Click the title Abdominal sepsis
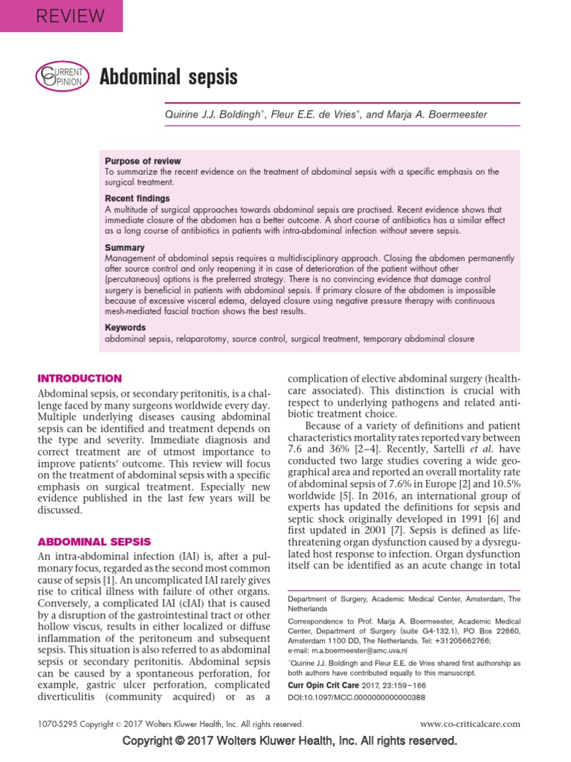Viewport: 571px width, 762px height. point(169,77)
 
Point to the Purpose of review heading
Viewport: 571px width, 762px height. point(143,161)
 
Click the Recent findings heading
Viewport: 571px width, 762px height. point(138,199)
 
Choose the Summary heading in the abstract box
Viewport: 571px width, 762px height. point(125,247)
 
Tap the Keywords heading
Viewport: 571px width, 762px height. point(126,327)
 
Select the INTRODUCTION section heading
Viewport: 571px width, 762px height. point(80,378)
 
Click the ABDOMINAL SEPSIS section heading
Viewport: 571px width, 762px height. point(94,542)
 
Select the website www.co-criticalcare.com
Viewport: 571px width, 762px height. point(470,723)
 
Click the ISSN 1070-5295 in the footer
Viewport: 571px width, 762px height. point(59,723)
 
